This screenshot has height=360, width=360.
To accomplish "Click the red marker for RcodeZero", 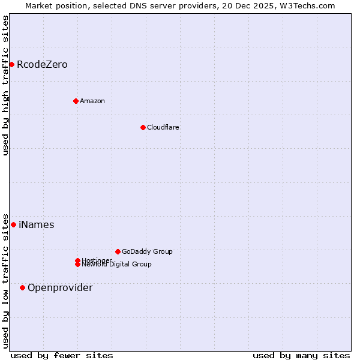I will coord(11,64).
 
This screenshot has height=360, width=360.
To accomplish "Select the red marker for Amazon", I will coord(76,101).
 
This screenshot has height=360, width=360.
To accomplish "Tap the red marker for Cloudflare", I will coord(143,127).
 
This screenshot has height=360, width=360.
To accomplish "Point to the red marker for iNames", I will coord(13,224).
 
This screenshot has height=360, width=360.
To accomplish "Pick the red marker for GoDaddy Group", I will coord(118,251).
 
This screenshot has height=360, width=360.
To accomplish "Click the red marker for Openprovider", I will coord(22,287).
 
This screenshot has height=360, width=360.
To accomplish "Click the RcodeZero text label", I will coord(42,64).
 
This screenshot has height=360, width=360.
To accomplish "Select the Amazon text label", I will coord(92,101).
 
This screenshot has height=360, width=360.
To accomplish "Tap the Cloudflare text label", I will coord(163,127).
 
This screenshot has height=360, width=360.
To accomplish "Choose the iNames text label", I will coord(37,224).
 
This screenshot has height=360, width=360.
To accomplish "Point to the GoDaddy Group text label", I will coord(147,251).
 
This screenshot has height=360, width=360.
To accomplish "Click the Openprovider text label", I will coord(60,287).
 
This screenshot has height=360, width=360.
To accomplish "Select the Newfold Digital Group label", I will coord(117,265).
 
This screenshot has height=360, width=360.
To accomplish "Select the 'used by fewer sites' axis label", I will coord(62,355).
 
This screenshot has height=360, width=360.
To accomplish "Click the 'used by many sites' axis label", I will coord(301,355).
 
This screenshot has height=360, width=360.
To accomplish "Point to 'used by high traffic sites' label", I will coord(6,85).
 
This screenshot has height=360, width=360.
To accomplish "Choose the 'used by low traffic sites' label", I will coord(6,280).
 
